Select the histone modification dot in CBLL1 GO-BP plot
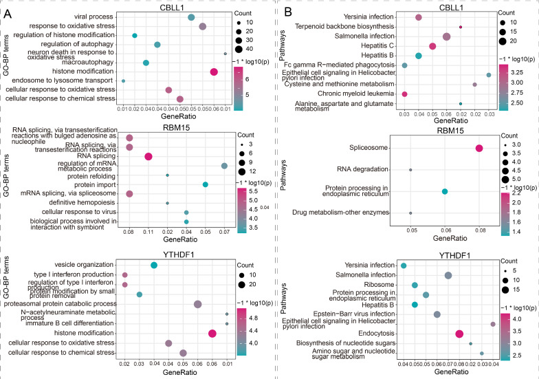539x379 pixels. click(x=214, y=72)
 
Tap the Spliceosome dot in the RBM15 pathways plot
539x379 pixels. click(x=479, y=148)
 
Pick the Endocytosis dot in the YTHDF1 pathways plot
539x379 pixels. click(x=459, y=334)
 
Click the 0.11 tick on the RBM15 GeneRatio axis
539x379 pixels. click(x=148, y=233)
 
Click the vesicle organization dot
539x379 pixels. click(x=154, y=266)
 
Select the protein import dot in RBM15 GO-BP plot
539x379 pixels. click(x=205, y=184)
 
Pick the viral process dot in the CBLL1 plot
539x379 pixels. click(x=190, y=17)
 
